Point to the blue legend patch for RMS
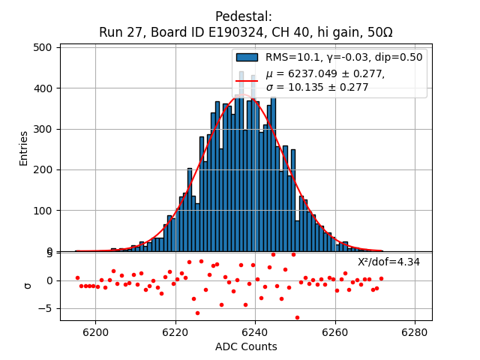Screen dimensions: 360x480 (x=247, y=57)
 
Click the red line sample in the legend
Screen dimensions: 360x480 (x=247, y=80)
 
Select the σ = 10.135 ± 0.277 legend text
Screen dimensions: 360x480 (x=317, y=87)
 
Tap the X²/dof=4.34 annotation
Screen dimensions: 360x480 (x=388, y=262)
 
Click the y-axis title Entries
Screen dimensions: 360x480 (x=24, y=148)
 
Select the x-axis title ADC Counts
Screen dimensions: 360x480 (x=246, y=346)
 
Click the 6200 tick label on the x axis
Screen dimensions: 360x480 (x=95, y=331)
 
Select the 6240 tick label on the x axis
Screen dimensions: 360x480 (x=255, y=331)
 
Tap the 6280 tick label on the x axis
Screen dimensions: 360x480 (x=415, y=331)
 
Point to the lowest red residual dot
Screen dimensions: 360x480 (x=297, y=317)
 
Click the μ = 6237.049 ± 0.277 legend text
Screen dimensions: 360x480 (x=325, y=73)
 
